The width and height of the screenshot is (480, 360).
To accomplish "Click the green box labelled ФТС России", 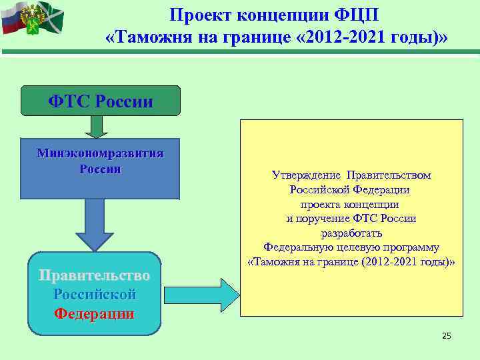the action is (x=101, y=101).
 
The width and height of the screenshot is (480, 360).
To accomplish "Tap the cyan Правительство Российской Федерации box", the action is (x=94, y=293).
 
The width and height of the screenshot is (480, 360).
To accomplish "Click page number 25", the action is (x=446, y=336).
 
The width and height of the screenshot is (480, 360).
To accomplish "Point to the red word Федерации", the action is (x=94, y=313).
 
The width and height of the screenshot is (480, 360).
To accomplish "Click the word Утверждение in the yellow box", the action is (x=306, y=175).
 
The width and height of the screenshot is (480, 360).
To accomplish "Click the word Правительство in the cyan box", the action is (x=94, y=275).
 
